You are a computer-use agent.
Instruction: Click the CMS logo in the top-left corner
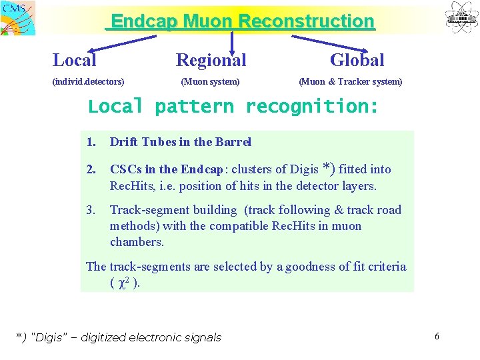19,17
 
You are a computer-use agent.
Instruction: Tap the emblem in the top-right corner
461,17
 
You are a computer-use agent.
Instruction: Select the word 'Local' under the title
74,60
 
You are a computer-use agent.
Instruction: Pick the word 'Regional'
211,60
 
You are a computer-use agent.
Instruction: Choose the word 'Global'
357,60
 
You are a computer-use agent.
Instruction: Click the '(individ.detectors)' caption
88,82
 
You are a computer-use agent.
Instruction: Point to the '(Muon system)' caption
210,82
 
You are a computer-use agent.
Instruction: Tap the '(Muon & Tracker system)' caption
351,82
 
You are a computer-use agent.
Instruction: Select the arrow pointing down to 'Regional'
231,41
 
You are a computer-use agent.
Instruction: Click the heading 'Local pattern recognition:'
233,107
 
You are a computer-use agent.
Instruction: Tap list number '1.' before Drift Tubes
91,142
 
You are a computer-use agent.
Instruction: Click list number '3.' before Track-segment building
91,210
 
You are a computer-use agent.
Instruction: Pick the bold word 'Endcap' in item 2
201,169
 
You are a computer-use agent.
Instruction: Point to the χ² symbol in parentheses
123,283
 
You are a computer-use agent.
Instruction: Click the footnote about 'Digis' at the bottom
118,337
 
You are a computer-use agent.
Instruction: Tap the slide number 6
437,336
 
